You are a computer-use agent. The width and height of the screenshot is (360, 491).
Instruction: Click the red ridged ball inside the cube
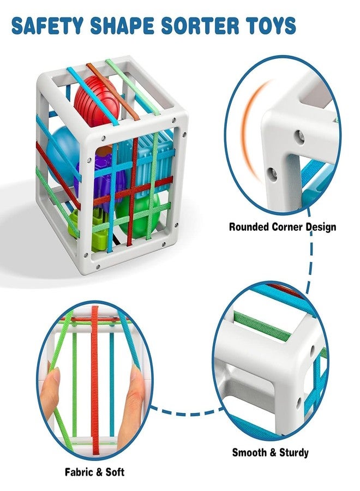point(97,100)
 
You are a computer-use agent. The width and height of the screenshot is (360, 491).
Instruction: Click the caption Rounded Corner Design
point(283,227)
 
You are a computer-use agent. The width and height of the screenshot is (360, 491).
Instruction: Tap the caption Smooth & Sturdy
point(270,452)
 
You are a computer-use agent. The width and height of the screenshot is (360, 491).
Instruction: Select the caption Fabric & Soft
point(94,472)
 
